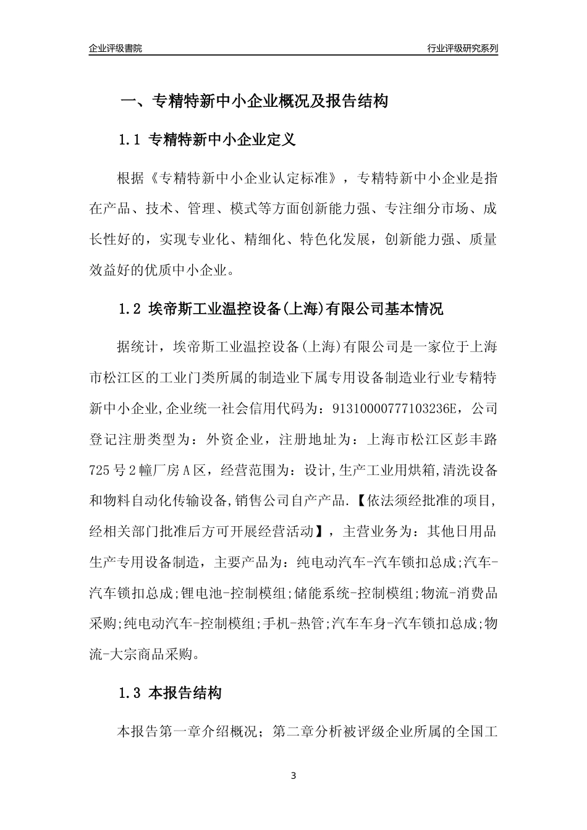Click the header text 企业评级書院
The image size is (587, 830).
coord(115,48)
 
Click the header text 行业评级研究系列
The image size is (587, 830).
coord(462,48)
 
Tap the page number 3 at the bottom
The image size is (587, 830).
coord(293,776)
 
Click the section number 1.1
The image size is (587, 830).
coord(130,140)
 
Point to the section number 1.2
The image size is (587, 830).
coord(130,309)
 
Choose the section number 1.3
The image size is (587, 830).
coord(130,693)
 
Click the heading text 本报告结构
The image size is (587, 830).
coord(185,693)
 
